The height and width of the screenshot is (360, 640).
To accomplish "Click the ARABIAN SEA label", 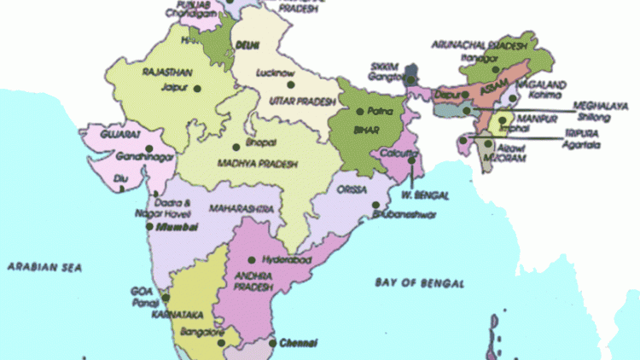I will click(44, 267).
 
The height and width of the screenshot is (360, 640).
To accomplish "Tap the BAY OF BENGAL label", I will click(420, 282).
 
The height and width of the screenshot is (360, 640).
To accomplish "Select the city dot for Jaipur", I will click(197, 88).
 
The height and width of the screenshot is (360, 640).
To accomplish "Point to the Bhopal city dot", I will click(236, 147).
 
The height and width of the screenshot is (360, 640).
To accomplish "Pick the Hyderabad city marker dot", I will click(251, 260).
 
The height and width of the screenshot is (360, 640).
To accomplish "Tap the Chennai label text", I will click(299, 343).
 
